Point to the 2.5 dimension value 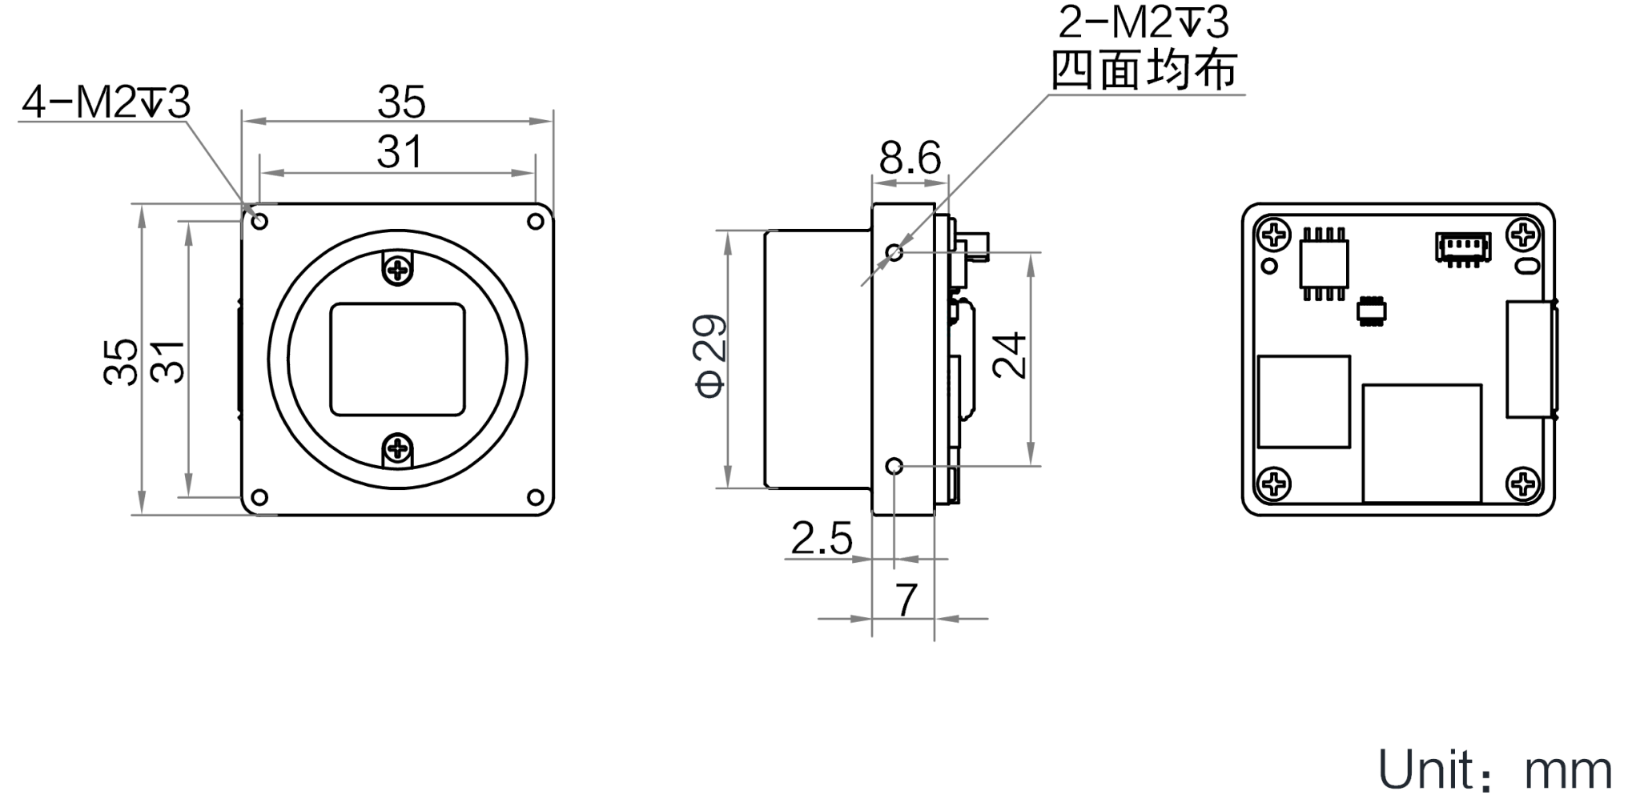(822, 540)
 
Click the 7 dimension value (906, 600)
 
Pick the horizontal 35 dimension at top (401, 102)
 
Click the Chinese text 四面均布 (1144, 70)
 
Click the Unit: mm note (1494, 771)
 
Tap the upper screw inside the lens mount (398, 270)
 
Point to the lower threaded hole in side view (894, 466)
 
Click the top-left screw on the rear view (1273, 235)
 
